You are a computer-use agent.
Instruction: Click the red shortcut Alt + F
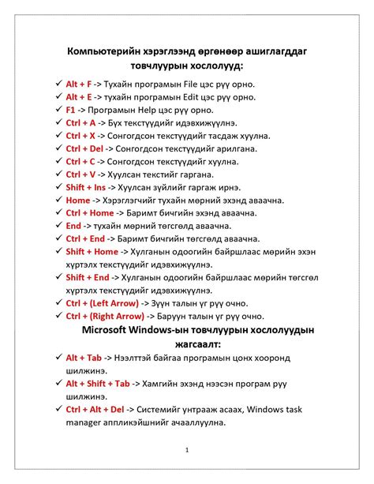coord(79,84)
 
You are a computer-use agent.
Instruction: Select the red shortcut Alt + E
coord(79,97)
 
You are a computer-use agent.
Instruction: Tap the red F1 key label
coord(71,110)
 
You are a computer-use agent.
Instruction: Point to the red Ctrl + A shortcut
coord(80,123)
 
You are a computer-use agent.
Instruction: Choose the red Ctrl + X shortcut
coord(80,136)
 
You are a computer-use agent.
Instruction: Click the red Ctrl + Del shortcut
coord(84,148)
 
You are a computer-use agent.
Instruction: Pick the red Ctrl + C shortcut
coord(80,162)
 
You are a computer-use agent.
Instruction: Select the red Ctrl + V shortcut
coord(80,174)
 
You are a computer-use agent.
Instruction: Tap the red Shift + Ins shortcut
coord(84,187)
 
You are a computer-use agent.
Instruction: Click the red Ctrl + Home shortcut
coord(89,213)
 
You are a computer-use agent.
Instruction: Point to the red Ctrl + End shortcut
coord(85,238)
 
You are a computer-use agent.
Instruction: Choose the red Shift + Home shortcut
coord(92,252)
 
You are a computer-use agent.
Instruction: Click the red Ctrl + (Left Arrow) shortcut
coord(102,303)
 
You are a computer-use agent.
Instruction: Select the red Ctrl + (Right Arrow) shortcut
coord(105,316)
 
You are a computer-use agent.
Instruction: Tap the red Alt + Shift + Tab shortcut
coord(98,384)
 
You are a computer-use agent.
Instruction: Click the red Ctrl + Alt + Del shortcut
coord(95,410)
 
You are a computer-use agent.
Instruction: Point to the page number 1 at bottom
coord(187,450)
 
